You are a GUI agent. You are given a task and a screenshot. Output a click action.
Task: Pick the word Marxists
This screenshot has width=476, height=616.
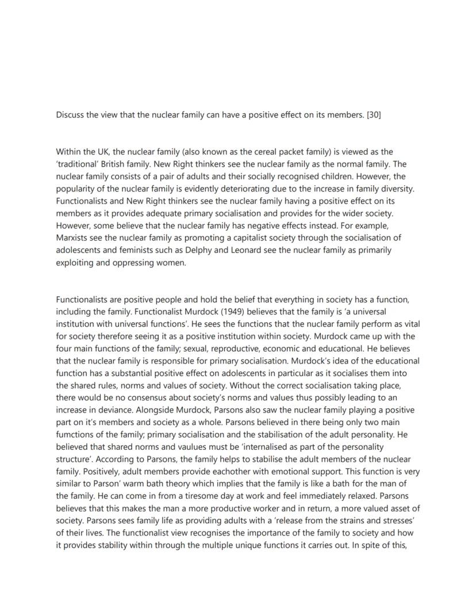(74, 238)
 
